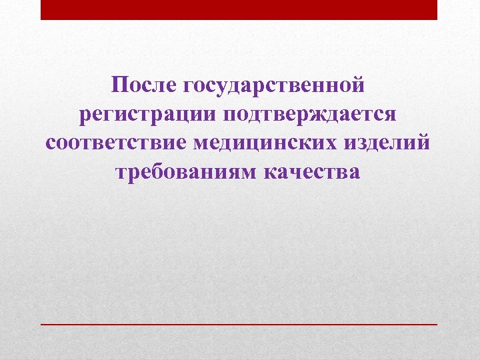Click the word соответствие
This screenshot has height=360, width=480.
[119, 143]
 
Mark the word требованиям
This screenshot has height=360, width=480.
[186, 172]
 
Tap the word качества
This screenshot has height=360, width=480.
[312, 172]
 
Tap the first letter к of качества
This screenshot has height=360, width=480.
[272, 172]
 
